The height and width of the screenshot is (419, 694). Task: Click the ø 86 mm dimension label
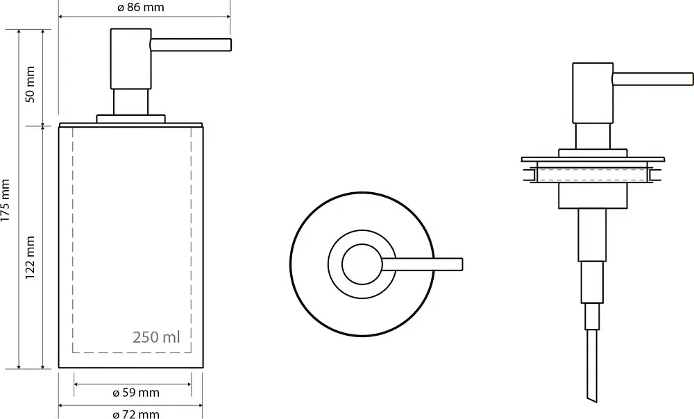141,8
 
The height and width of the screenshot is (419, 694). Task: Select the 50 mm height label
30,85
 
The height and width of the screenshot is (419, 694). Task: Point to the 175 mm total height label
6,200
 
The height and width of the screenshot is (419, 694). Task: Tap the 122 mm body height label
30,257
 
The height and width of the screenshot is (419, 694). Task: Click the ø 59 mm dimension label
136,393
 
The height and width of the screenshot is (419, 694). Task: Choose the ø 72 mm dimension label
136,414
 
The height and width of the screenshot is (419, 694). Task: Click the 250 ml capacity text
156,337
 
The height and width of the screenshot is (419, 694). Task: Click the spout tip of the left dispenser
230,45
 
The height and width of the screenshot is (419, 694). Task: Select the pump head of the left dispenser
130,59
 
